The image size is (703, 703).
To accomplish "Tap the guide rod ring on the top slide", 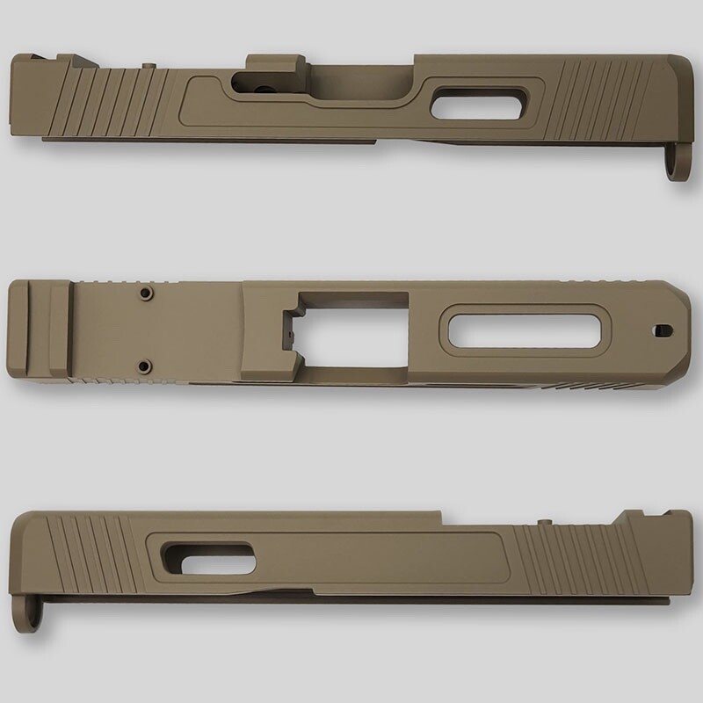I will point(676,166).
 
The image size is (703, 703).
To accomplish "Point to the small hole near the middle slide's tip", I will point(660,330).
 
